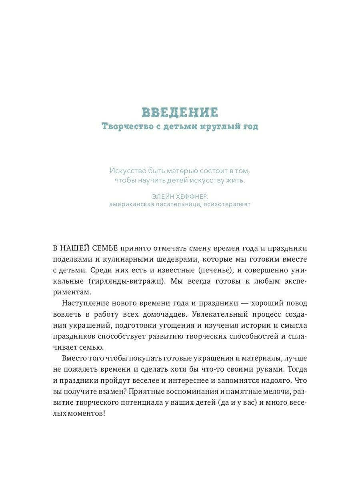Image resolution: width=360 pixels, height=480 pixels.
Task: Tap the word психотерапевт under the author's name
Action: tap(227, 204)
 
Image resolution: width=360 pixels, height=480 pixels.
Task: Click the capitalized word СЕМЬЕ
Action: tap(105, 248)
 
